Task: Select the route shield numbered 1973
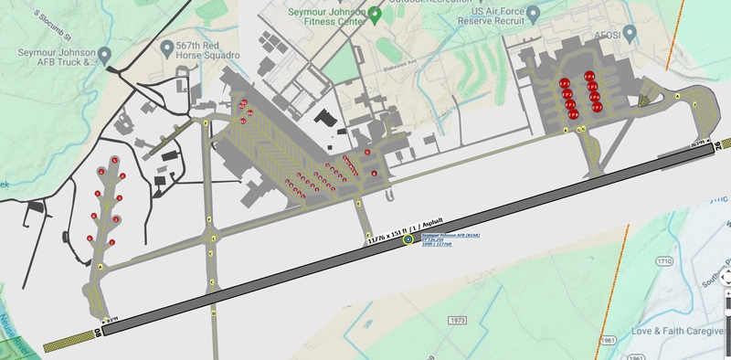(458, 320)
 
